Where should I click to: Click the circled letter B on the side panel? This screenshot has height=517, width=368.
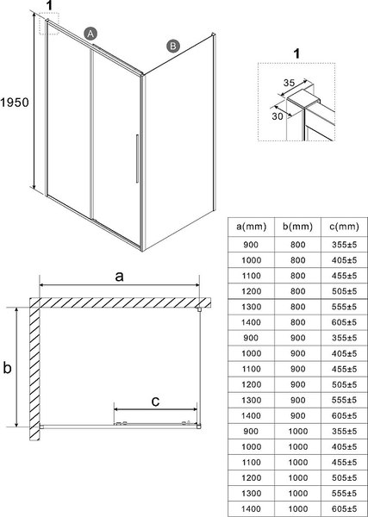click(x=172, y=46)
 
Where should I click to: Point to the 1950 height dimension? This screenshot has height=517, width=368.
click(x=16, y=102)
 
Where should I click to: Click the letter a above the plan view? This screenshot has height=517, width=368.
click(x=119, y=277)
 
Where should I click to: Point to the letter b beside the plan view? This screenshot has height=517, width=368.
click(x=7, y=368)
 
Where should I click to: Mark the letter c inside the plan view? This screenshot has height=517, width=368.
click(x=154, y=400)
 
